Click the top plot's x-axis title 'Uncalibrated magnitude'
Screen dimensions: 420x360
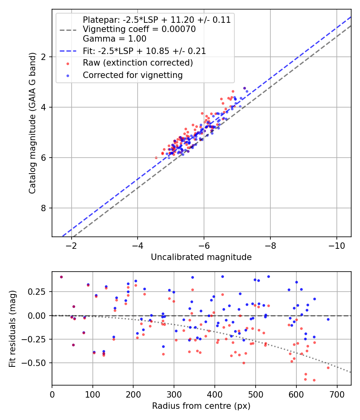coord(201,257)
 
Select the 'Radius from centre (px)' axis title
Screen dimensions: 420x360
coord(201,406)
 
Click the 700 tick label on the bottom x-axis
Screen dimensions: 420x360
coord(337,394)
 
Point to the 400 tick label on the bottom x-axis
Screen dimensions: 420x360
coord(215,394)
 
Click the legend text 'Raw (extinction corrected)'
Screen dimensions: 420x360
coord(138,63)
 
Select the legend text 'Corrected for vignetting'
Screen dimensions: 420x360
coord(133,75)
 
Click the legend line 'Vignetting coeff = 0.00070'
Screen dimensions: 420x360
coord(139,29)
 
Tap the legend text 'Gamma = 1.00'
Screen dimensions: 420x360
coord(114,39)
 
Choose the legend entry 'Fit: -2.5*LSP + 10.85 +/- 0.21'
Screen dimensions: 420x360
coord(144,51)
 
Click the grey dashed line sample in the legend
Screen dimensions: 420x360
coord(68,30)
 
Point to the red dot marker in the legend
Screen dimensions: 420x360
coord(68,63)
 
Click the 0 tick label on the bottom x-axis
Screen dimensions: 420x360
coord(52,394)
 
